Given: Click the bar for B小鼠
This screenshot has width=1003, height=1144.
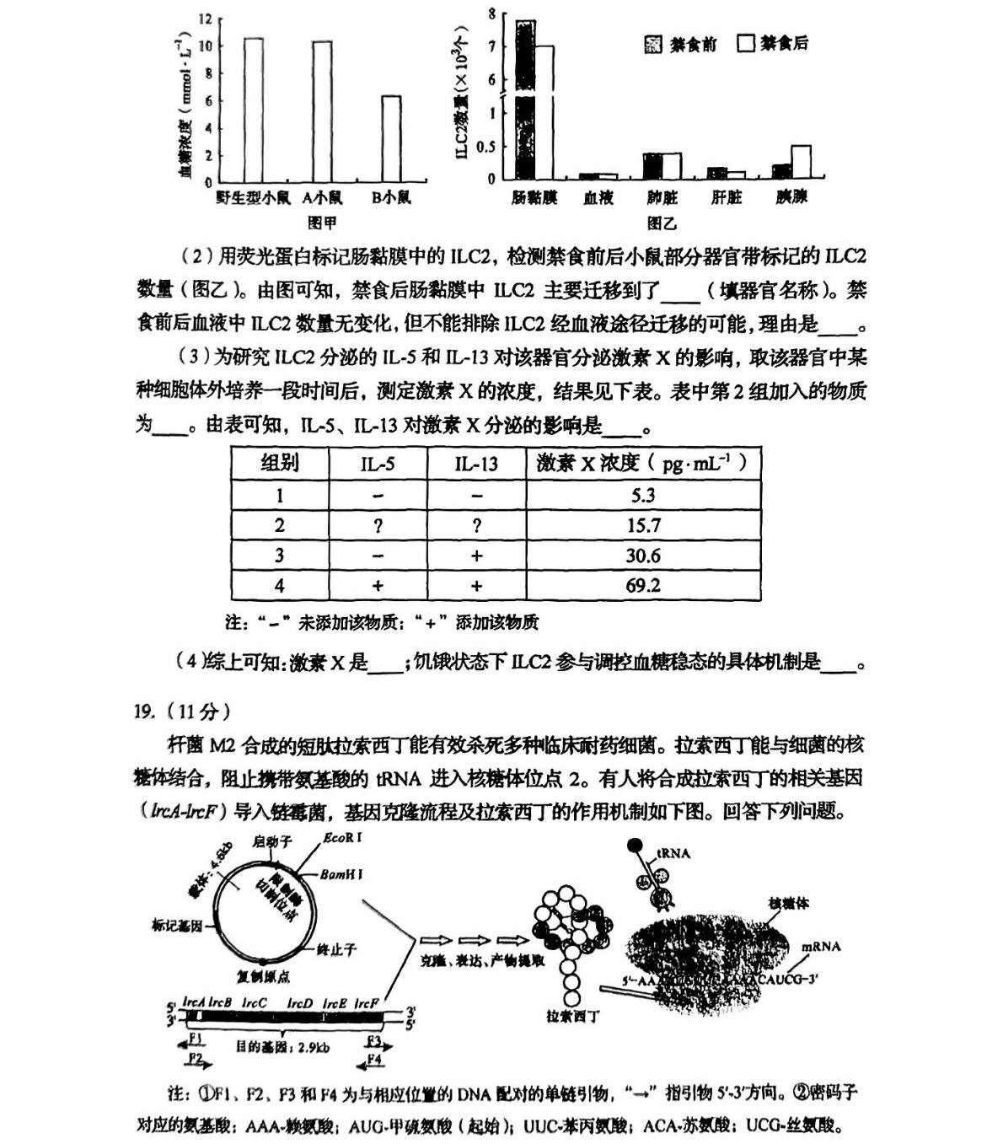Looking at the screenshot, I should point(390,138).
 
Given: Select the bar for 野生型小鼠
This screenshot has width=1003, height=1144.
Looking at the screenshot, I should point(253,110).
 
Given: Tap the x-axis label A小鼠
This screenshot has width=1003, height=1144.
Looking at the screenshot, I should point(322,198).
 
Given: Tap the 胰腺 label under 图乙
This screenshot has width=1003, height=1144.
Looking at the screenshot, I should point(791,197).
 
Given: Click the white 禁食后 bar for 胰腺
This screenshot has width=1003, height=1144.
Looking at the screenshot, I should point(801,162).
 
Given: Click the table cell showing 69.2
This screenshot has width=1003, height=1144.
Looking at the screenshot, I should point(643,585).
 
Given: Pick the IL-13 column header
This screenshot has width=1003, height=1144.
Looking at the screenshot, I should point(476,464).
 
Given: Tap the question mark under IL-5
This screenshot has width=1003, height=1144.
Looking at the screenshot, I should point(378,525).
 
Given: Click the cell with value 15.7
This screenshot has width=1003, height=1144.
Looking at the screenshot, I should point(643,525).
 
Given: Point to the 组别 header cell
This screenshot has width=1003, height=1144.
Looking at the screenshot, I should point(279,463).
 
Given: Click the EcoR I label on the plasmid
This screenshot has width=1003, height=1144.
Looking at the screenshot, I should point(343,838).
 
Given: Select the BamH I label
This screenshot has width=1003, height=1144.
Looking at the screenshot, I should point(341,874).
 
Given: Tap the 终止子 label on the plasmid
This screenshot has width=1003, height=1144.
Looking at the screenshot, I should point(336,949).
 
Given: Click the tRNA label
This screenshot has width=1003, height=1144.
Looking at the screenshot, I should point(673,853).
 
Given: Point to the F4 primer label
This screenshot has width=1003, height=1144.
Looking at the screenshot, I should point(374,1060).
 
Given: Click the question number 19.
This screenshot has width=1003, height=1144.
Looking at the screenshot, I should point(144,712).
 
